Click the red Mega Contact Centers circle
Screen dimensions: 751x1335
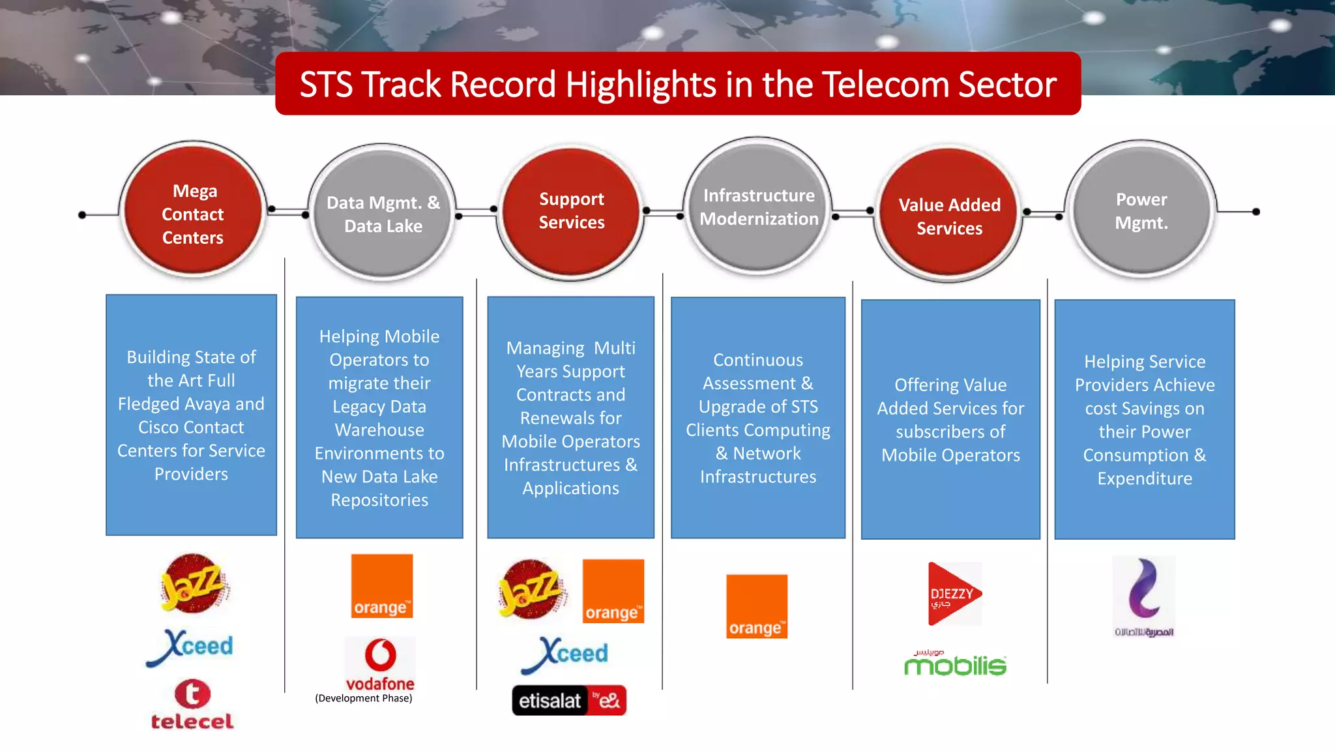pos(193,210)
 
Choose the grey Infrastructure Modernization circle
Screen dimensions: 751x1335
pos(758,207)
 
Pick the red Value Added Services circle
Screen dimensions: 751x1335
pos(948,215)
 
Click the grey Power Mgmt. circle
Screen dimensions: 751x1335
pos(1141,210)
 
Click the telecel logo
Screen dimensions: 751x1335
pos(192,705)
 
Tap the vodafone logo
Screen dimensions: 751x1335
pos(380,664)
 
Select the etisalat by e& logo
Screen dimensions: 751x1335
pos(569,700)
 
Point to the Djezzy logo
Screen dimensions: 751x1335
pos(954,594)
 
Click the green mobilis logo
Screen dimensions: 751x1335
pos(955,664)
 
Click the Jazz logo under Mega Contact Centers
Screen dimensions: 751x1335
pos(194,583)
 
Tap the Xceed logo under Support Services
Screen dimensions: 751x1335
pos(566,654)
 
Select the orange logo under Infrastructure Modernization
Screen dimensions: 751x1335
pos(757,606)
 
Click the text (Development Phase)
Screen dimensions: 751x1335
pos(364,698)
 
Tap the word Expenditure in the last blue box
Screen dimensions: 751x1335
pos(1145,479)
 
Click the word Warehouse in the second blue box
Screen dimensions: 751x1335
pos(379,430)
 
